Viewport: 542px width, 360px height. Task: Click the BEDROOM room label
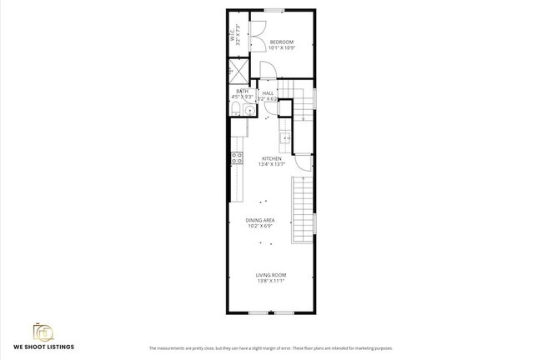pos(282,42)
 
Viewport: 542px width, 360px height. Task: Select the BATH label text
pos(242,91)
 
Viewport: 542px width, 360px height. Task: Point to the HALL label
pos(268,93)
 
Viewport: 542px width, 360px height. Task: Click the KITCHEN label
pos(272,158)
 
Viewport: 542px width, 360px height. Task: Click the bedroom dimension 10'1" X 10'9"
pos(282,48)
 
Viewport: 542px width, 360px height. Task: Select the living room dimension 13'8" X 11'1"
pos(271,281)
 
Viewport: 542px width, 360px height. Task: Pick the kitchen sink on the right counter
pos(284,137)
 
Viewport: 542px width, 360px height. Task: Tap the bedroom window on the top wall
pos(274,10)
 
